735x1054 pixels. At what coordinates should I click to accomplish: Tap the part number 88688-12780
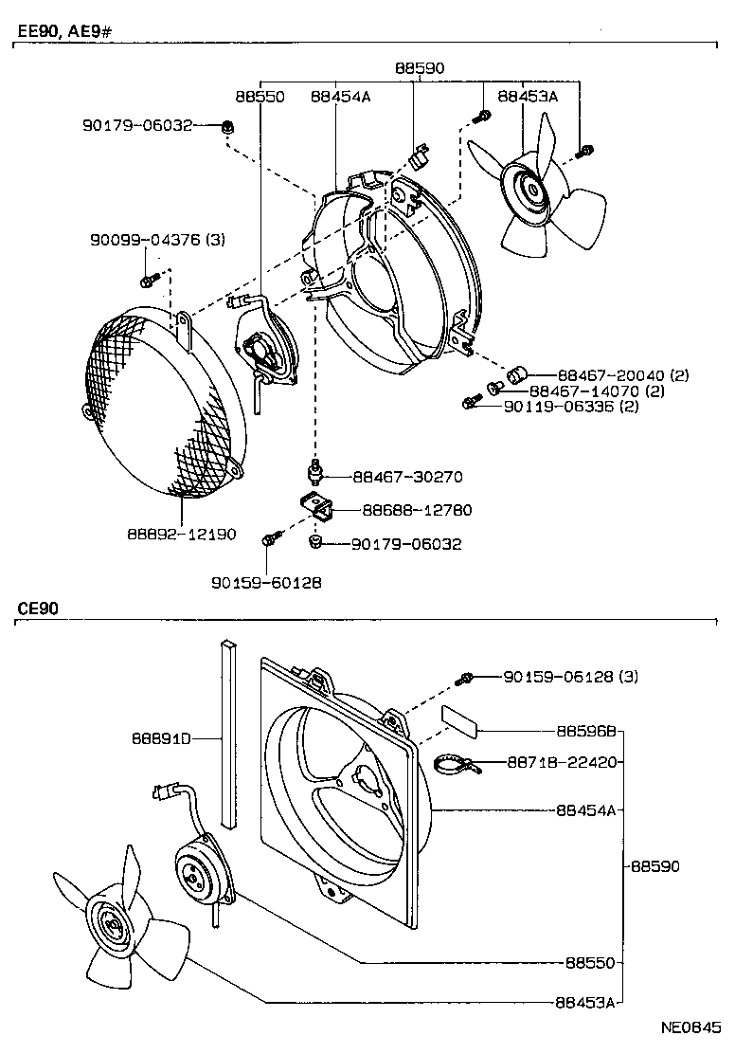click(416, 511)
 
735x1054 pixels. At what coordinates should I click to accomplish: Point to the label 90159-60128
click(266, 582)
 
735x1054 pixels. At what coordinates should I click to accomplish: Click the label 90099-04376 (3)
click(157, 240)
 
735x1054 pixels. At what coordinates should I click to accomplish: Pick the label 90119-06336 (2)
click(571, 407)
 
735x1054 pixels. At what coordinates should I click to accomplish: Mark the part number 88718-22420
click(564, 761)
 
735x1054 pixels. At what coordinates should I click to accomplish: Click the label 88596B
click(586, 732)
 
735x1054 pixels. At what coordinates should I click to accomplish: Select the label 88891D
click(162, 737)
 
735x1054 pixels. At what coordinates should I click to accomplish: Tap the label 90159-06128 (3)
click(571, 677)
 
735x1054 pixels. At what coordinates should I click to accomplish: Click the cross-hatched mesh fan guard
click(152, 398)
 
